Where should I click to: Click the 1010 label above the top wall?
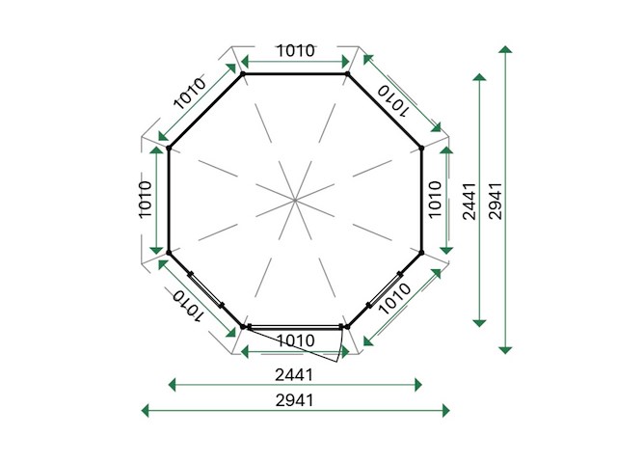click(x=296, y=51)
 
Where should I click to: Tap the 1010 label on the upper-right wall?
click(x=392, y=101)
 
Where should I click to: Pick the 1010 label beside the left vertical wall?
click(x=146, y=200)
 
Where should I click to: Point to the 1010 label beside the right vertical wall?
click(x=435, y=200)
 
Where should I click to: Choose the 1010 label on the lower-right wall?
click(x=394, y=298)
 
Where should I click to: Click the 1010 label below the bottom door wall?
click(x=296, y=340)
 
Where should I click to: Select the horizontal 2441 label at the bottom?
click(x=294, y=375)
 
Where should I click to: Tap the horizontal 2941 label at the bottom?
click(x=294, y=401)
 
